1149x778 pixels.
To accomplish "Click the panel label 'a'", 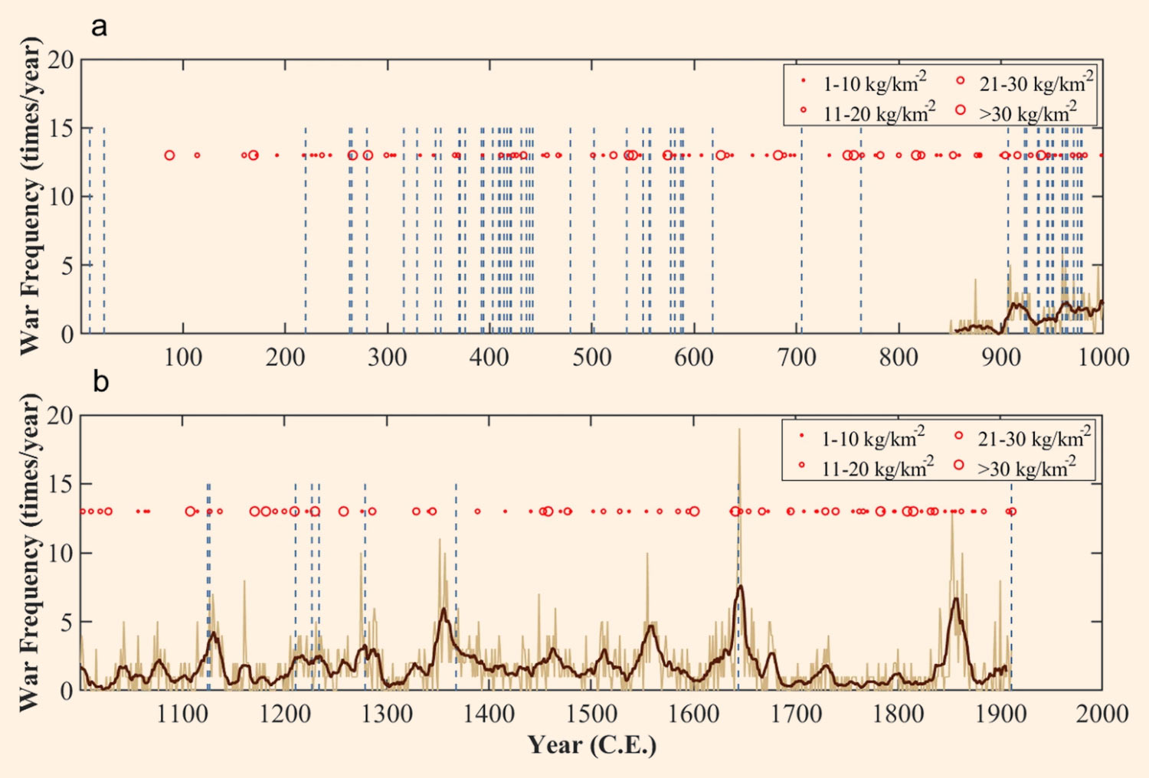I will (x=99, y=28).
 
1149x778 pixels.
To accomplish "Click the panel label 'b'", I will (x=100, y=381).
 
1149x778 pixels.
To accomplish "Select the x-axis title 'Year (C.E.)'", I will (x=591, y=744).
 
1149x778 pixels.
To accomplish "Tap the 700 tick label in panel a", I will (x=797, y=357).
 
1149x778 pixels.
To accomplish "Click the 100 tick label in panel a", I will (x=183, y=357).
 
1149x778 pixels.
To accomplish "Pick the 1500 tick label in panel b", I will (x=591, y=714).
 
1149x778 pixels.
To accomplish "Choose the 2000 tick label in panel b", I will (x=1102, y=714).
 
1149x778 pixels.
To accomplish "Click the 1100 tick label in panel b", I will (x=182, y=714).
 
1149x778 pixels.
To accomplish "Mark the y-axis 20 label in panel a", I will (x=61, y=60).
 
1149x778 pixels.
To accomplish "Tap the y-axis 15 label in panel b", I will (x=61, y=485).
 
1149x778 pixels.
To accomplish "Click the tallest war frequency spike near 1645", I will (x=739, y=430).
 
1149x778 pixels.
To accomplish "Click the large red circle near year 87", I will (x=169, y=155).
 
